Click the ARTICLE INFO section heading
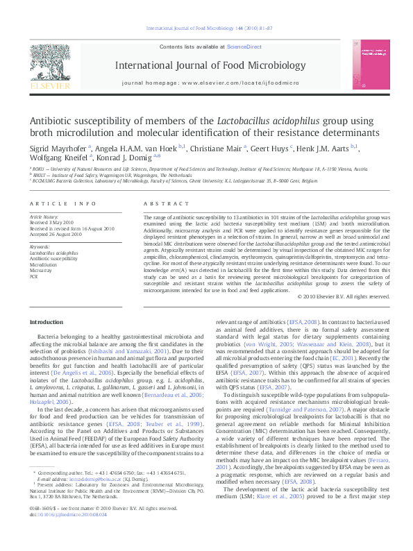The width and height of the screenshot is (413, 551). (63, 204)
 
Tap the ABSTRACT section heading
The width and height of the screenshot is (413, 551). (166, 204)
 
